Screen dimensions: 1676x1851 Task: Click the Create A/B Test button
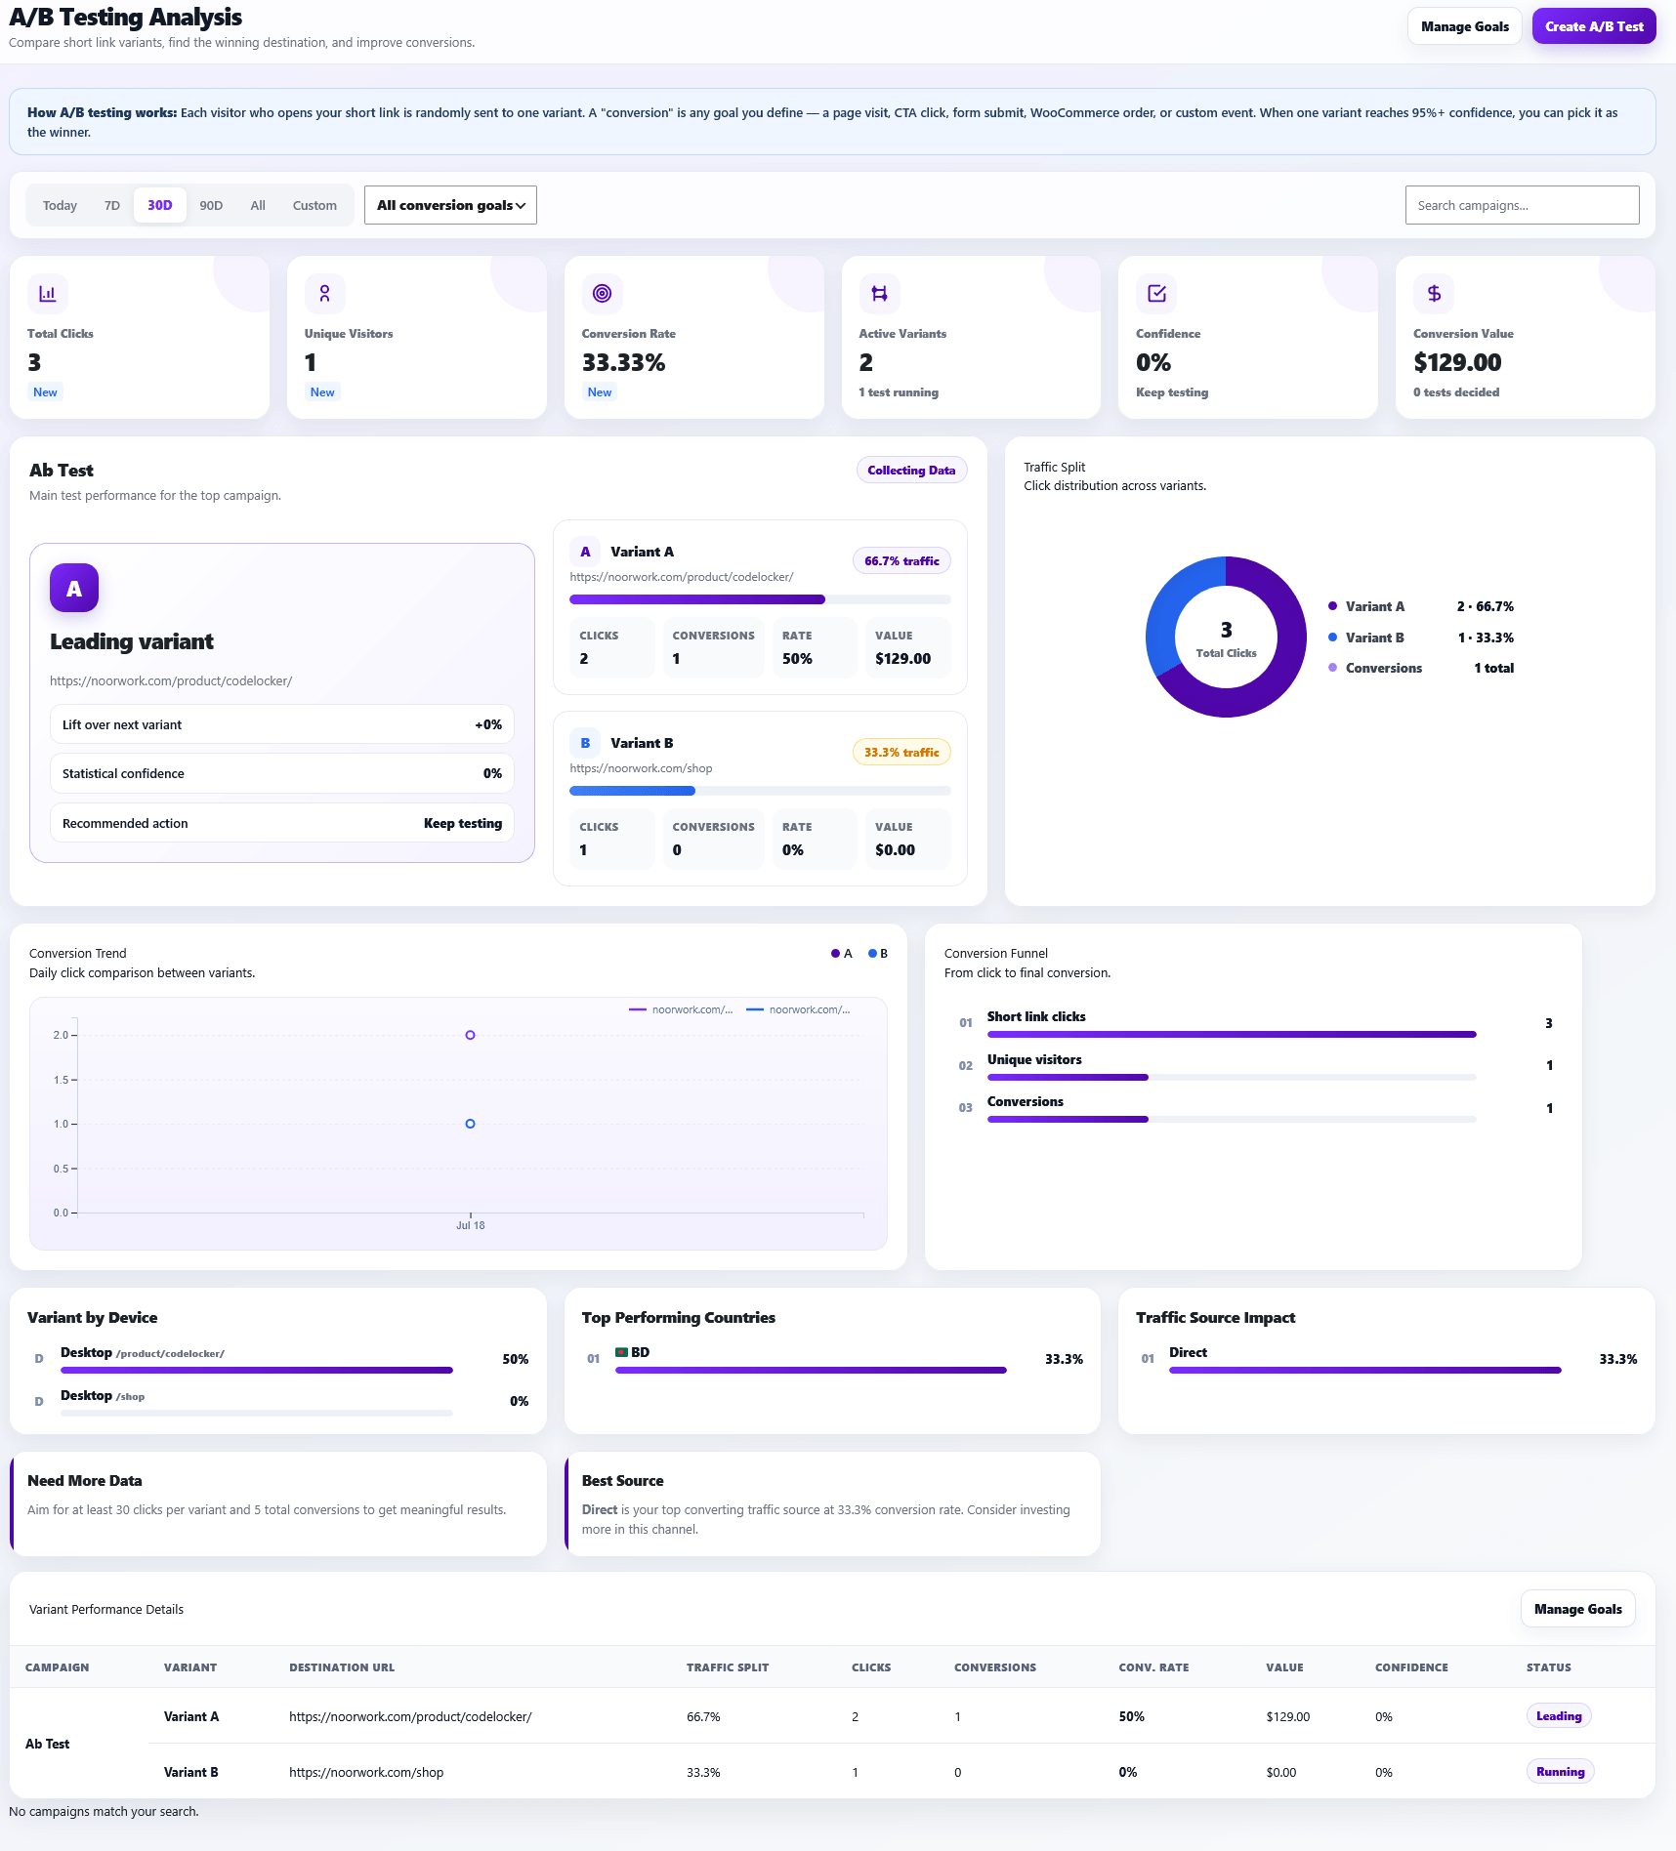click(1594, 26)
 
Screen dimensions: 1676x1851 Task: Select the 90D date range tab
click(211, 205)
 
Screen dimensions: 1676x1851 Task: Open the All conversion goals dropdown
click(450, 205)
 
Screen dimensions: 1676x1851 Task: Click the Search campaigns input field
click(1522, 205)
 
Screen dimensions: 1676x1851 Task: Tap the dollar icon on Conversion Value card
click(1434, 293)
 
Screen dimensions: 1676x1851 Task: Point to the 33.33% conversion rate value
click(623, 362)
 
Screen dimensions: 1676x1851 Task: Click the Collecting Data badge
click(911, 470)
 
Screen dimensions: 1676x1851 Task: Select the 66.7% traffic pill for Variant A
click(901, 560)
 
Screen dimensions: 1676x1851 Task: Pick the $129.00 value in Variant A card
click(903, 658)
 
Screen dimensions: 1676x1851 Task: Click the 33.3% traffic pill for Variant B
click(901, 752)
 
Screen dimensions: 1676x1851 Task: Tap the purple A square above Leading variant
click(74, 588)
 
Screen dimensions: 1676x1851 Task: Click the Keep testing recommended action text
click(463, 823)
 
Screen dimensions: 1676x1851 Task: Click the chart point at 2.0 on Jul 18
click(471, 1035)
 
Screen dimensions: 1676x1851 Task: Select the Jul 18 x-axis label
click(471, 1225)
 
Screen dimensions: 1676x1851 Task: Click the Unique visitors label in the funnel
click(1034, 1059)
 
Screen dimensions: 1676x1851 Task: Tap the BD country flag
click(621, 1352)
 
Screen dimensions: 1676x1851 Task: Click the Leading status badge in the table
click(1559, 1715)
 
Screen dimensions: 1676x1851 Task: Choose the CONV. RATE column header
click(1153, 1667)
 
